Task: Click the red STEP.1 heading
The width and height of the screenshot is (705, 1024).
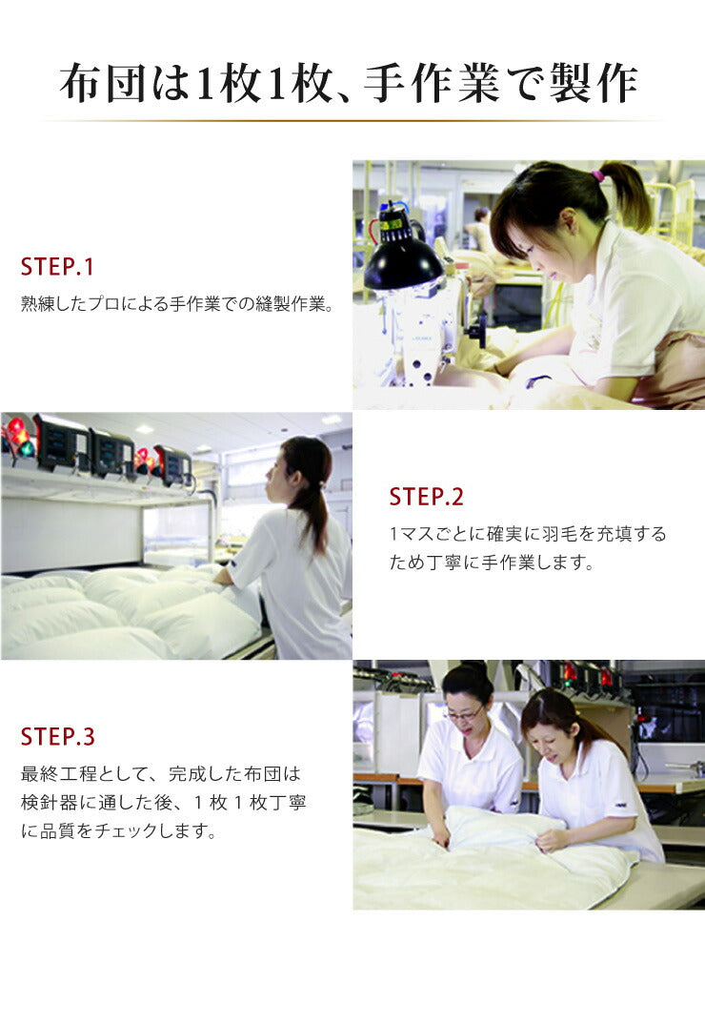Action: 57,266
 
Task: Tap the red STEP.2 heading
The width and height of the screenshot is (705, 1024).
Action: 426,497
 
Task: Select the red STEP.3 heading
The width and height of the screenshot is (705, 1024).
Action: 57,737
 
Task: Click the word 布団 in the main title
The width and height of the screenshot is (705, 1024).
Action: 103,83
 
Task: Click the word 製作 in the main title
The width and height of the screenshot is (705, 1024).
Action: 594,83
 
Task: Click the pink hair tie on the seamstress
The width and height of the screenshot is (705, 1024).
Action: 597,175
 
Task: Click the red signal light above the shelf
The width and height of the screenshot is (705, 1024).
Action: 18,437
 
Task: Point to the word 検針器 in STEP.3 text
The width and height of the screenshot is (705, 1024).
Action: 50,802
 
